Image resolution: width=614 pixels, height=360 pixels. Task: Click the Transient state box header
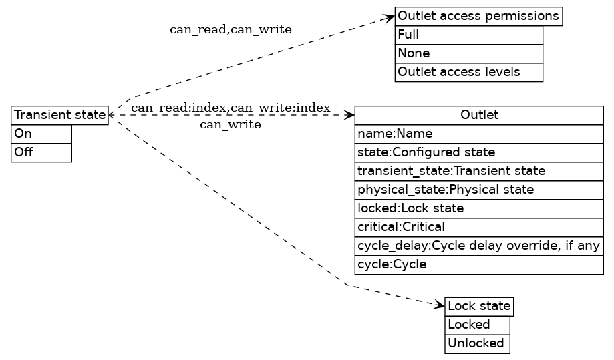(59, 116)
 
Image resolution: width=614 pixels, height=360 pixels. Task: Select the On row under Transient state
(41, 134)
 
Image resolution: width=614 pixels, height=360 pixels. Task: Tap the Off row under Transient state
(41, 152)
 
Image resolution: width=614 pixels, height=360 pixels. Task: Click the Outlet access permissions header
(478, 16)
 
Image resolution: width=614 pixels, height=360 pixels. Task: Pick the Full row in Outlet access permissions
(468, 35)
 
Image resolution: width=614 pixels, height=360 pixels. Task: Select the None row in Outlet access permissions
(468, 53)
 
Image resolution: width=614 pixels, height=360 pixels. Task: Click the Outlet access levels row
(468, 72)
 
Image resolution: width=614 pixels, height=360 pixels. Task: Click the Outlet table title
(479, 116)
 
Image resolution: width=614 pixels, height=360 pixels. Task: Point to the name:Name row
(479, 134)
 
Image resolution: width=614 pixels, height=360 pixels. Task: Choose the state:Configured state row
(479, 152)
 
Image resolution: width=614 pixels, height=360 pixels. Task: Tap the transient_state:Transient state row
(479, 171)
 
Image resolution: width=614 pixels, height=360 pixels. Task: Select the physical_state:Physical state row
(479, 190)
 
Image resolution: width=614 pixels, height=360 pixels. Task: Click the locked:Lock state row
(479, 208)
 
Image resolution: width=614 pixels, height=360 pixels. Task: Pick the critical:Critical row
(479, 227)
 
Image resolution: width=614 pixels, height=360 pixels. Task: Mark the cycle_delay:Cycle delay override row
(479, 246)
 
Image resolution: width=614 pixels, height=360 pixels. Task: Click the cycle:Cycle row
(479, 264)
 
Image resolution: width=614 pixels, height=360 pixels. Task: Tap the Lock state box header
(479, 307)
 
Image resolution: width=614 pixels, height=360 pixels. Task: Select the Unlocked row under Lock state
(477, 343)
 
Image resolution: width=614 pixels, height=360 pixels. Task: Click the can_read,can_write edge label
(231, 30)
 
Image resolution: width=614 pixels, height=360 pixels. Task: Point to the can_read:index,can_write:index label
(231, 108)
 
